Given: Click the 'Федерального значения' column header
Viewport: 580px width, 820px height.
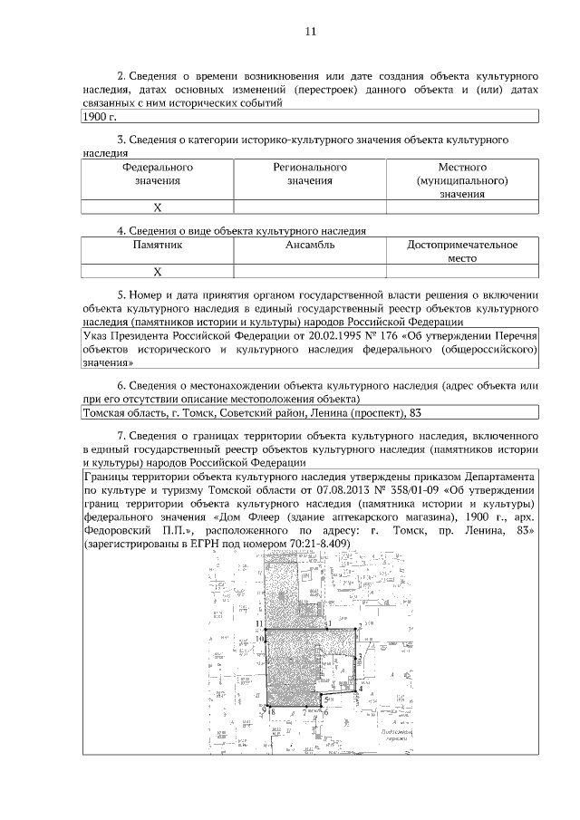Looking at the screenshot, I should click(157, 174).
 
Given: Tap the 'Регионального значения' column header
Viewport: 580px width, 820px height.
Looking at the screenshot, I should click(310, 174).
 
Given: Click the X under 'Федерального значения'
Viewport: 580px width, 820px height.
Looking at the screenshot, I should click(157, 207).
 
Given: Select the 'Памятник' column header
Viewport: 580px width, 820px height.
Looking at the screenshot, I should click(157, 245).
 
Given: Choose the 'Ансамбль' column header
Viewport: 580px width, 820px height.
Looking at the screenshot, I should click(310, 245).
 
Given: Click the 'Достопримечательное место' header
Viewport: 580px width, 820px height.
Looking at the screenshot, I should click(462, 251).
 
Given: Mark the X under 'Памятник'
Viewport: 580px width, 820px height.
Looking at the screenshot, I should click(157, 271).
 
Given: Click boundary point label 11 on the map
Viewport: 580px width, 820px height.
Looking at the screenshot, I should click(259, 624).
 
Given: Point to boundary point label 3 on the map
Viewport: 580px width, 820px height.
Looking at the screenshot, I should click(361, 657).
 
